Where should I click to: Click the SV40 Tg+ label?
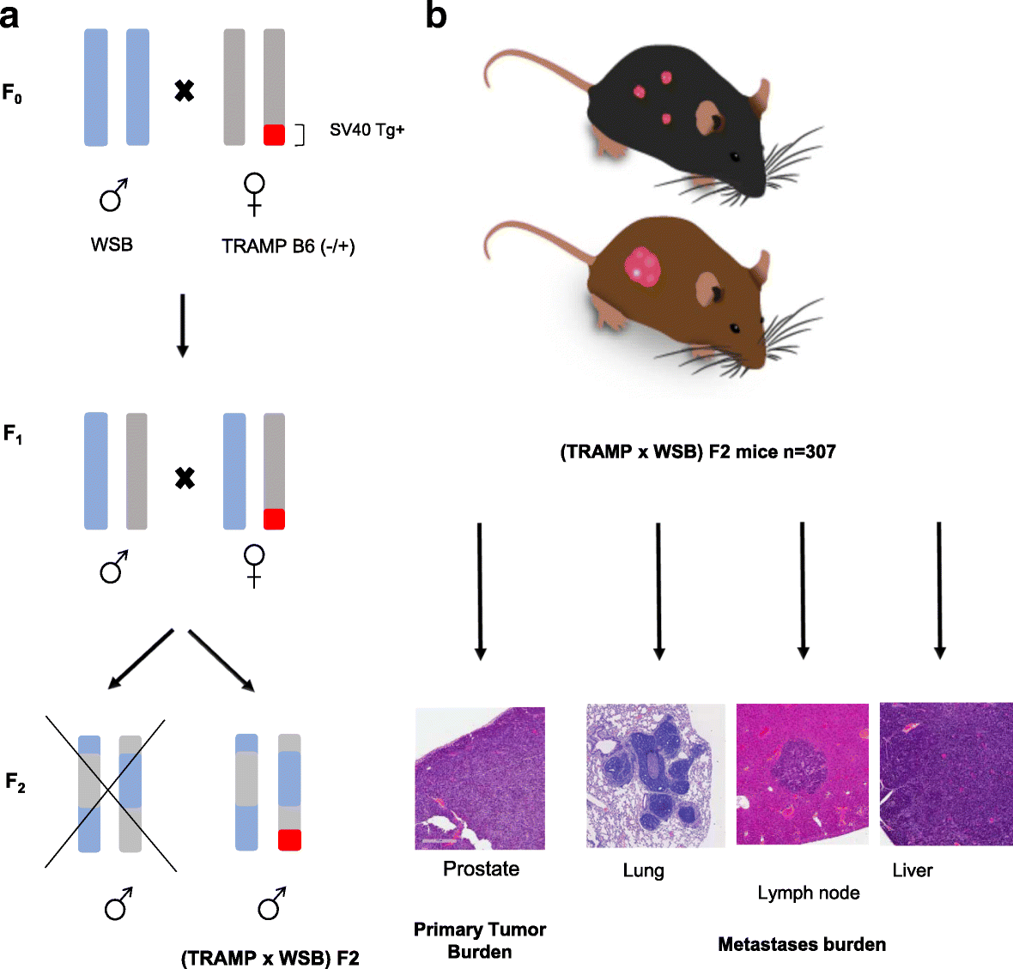pos(367,130)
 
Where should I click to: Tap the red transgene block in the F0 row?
pos(274,135)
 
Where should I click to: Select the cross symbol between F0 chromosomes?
pos(184,90)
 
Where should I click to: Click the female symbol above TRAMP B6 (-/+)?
pos(254,194)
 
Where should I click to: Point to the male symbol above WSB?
pos(113,196)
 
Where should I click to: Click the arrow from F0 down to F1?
pos(182,325)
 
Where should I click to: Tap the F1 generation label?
pos(13,435)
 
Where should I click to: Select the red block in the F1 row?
pos(274,518)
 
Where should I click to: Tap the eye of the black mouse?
pos(734,155)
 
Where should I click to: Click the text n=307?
pos(808,451)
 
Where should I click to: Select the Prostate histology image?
pos(480,778)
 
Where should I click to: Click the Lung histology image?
pos(655,776)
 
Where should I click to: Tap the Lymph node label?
pos(808,893)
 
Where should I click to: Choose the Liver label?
pos(912,870)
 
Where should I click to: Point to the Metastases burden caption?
pos(801,944)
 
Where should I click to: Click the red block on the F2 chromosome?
pos(289,839)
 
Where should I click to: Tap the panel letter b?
pos(436,15)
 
